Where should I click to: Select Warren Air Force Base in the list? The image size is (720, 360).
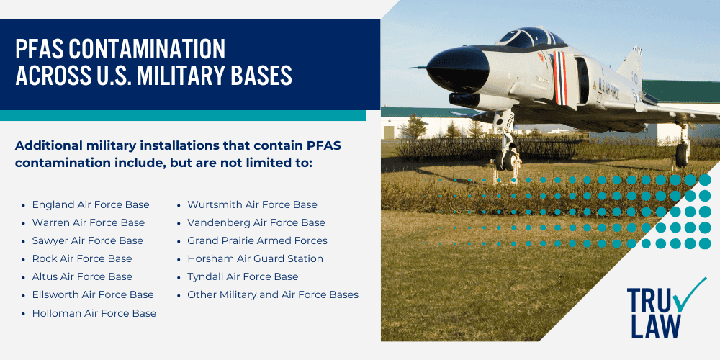pyautogui.click(x=88, y=223)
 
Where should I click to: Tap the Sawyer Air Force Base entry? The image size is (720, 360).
pyautogui.click(x=87, y=241)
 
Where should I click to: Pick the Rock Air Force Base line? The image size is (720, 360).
pyautogui.click(x=82, y=258)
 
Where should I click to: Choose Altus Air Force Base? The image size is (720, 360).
pyautogui.click(x=82, y=276)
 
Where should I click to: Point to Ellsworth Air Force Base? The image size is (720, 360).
pyautogui.click(x=93, y=294)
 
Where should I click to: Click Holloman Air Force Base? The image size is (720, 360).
pyautogui.click(x=94, y=313)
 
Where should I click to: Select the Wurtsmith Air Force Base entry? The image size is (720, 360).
pyautogui.click(x=252, y=205)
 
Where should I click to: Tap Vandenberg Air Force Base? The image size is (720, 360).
pyautogui.click(x=256, y=223)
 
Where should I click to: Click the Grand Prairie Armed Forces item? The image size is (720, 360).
pyautogui.click(x=257, y=241)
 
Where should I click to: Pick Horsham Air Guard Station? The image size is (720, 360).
pyautogui.click(x=255, y=258)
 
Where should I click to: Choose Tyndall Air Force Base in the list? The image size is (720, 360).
pyautogui.click(x=243, y=276)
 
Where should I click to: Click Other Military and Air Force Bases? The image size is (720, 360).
pyautogui.click(x=273, y=294)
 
